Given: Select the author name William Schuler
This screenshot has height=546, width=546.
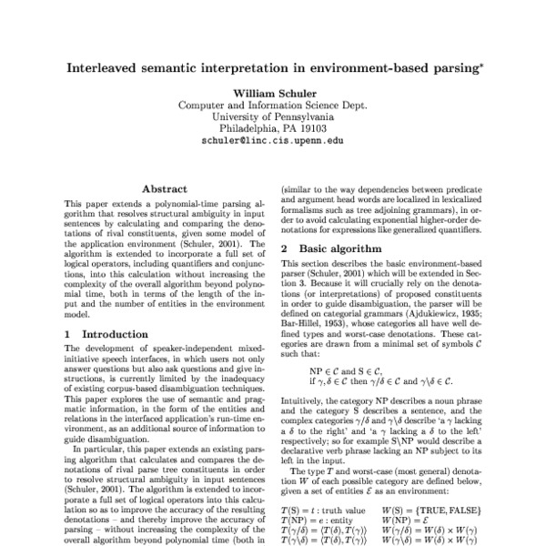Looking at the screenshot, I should click(x=272, y=94).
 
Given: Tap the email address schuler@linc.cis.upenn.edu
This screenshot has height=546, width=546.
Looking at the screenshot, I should click(x=272, y=142).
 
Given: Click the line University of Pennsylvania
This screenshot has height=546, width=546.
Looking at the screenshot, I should click(x=272, y=117).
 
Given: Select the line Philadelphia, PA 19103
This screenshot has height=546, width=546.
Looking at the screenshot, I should click(x=272, y=129).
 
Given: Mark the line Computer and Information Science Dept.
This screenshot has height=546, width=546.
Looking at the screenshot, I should click(x=272, y=106).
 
